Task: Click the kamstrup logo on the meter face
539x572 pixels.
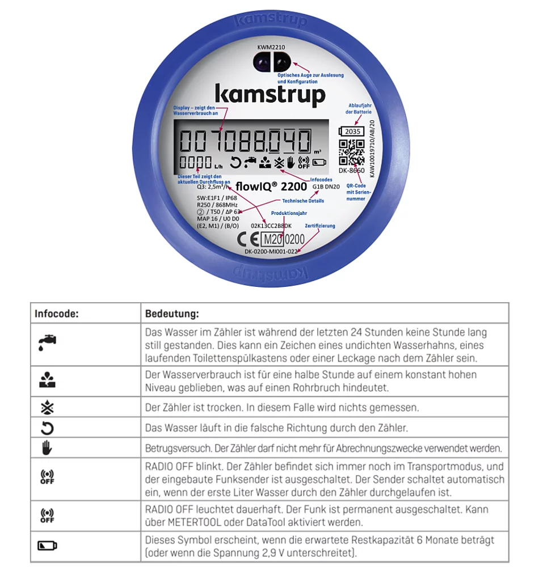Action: (x=269, y=95)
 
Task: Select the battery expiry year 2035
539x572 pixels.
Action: (x=353, y=132)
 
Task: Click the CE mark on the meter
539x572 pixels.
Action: (x=251, y=238)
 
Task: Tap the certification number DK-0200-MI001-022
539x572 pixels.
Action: (x=271, y=251)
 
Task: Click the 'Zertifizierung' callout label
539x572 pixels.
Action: (x=319, y=226)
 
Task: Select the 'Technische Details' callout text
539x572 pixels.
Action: (x=304, y=201)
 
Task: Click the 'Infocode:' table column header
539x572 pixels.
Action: (x=56, y=313)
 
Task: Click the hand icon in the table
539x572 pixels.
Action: (x=47, y=448)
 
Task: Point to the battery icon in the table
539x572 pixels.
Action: (x=48, y=546)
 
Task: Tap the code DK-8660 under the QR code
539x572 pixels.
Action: (x=352, y=170)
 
